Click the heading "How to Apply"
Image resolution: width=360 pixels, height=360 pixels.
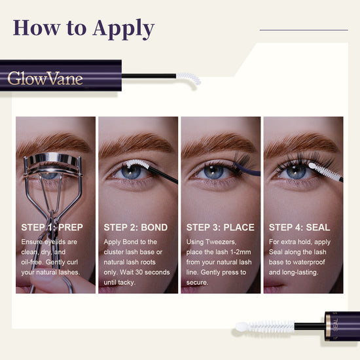[x=84, y=29]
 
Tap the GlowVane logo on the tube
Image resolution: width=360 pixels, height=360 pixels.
[x=45, y=79]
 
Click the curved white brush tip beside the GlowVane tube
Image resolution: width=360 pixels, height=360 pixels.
[x=189, y=78]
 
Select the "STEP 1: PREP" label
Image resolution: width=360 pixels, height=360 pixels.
[x=52, y=227]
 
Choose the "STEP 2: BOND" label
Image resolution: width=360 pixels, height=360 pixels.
[x=135, y=227]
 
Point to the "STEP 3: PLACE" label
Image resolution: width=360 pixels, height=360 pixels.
[x=221, y=227]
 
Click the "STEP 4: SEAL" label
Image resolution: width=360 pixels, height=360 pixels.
[x=299, y=227]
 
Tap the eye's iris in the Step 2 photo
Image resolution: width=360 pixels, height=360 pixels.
[x=131, y=172]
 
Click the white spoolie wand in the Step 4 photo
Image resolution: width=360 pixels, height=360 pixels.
[x=324, y=171]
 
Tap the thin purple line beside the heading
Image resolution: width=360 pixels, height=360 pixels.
[x=304, y=30]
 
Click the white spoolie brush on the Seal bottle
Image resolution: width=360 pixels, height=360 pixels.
[x=265, y=327]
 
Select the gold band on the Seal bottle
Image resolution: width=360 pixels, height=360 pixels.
[x=328, y=326]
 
